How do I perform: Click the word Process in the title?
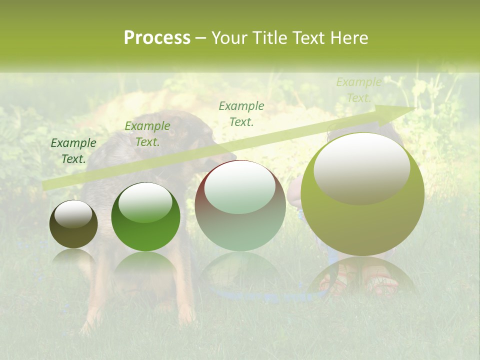click(x=157, y=38)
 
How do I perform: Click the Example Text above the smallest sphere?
click(x=73, y=151)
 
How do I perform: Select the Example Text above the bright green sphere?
click(x=147, y=134)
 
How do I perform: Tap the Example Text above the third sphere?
click(x=241, y=113)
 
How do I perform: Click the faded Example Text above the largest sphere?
click(x=358, y=90)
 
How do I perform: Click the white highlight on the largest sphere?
click(x=362, y=167)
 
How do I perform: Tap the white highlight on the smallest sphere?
click(x=73, y=214)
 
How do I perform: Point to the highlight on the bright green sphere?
click(x=145, y=202)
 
